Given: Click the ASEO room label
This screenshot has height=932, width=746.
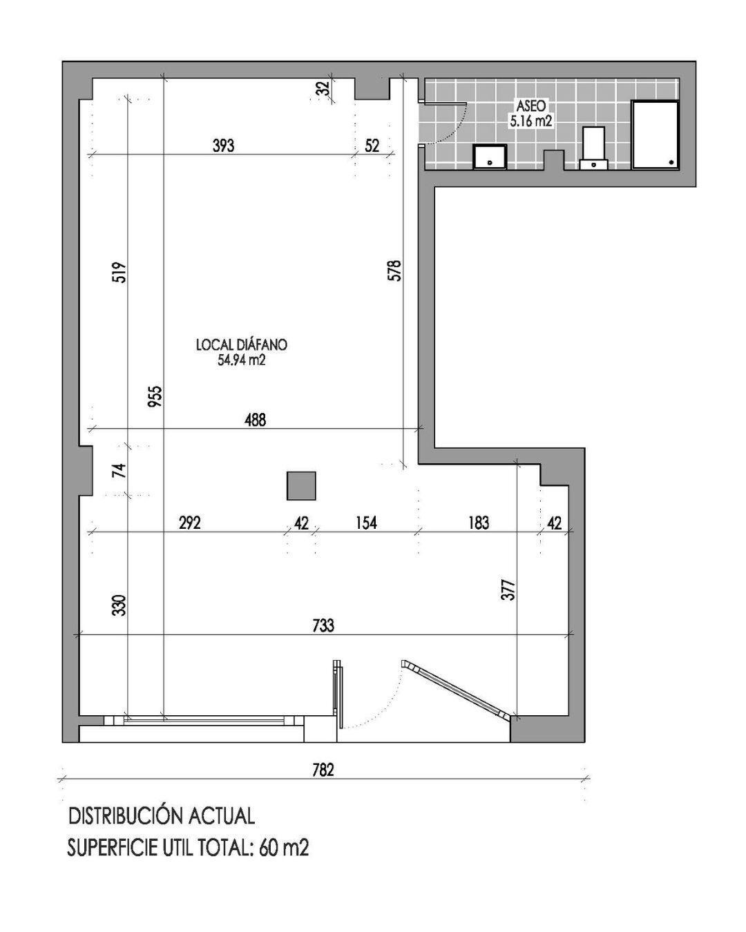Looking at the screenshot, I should [x=531, y=106].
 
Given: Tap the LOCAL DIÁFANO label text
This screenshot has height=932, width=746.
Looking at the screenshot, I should [x=241, y=344].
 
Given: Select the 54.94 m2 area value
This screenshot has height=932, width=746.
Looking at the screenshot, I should [x=241, y=360].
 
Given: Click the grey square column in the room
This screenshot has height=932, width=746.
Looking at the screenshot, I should [x=301, y=485].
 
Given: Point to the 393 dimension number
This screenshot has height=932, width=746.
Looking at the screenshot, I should [x=223, y=146].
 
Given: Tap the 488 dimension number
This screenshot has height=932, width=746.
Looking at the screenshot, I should [x=255, y=419].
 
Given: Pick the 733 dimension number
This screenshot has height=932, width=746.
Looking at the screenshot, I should [x=323, y=625].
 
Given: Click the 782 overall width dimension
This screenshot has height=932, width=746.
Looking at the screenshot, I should [x=323, y=770].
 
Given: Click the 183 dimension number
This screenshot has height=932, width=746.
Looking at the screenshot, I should [x=478, y=523].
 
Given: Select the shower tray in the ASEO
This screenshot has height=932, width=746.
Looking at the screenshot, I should [x=655, y=135].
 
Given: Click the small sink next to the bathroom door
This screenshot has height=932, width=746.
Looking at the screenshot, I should [x=490, y=157].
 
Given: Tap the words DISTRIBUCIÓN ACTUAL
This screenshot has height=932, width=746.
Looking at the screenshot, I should [x=162, y=816].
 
